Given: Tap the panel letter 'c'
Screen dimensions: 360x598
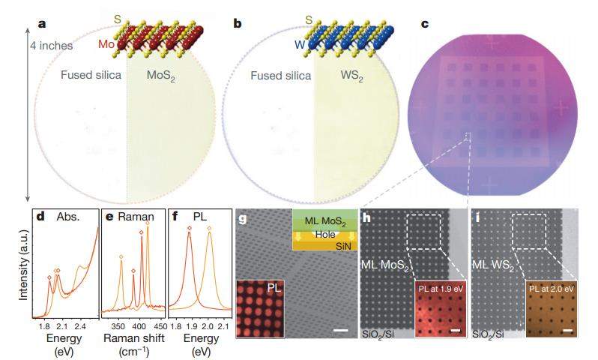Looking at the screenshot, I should (x=426, y=23).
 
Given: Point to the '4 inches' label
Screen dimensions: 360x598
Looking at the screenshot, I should (x=52, y=46).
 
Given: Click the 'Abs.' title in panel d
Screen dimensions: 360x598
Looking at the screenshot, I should (x=70, y=217).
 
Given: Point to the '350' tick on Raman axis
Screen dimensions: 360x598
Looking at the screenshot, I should (x=118, y=327).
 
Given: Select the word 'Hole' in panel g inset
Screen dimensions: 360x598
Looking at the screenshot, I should (x=324, y=233).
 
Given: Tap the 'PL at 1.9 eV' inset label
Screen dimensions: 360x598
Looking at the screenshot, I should (x=435, y=286).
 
